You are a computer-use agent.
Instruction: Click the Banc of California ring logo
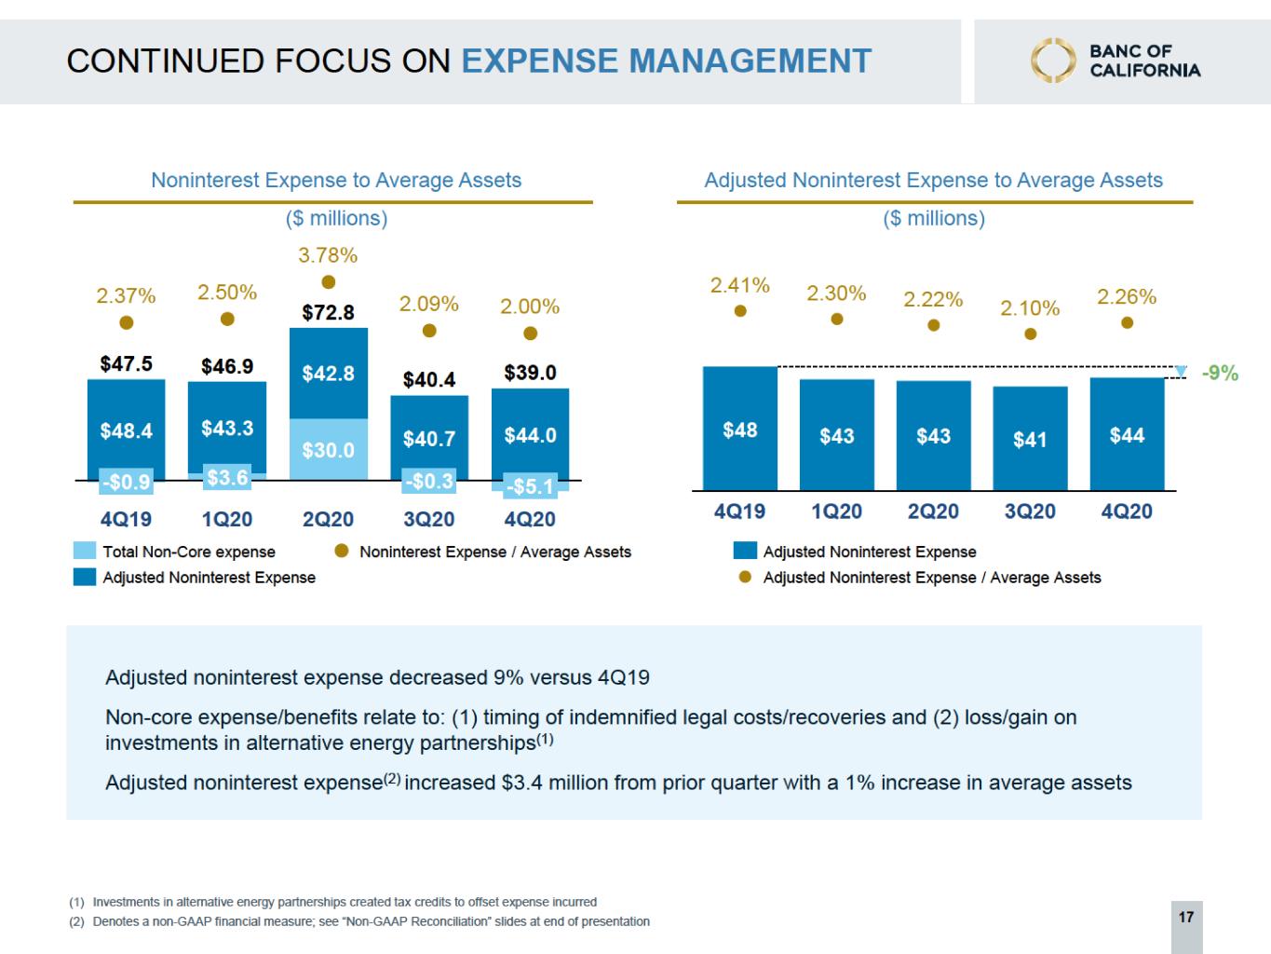click(1053, 61)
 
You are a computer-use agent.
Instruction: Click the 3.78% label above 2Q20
click(328, 255)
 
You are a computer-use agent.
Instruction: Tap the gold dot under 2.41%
click(740, 311)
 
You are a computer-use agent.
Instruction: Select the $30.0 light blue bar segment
click(329, 449)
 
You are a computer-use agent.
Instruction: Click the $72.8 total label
click(328, 313)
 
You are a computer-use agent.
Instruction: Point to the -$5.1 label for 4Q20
click(530, 486)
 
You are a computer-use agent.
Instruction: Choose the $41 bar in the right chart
click(1030, 439)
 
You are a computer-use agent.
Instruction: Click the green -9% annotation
click(1220, 373)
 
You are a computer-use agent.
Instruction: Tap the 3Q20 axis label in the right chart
click(1030, 511)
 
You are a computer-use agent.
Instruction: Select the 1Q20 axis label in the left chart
click(227, 519)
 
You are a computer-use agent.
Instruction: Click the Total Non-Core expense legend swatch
click(85, 551)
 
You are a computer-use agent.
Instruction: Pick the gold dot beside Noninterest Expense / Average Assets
click(342, 551)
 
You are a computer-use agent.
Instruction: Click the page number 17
click(1186, 917)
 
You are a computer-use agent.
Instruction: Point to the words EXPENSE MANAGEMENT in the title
click(666, 61)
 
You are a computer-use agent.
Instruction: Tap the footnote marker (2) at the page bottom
click(77, 921)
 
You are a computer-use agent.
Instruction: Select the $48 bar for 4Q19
click(740, 429)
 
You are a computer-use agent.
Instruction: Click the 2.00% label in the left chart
click(530, 307)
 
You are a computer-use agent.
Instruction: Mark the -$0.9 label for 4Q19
click(127, 482)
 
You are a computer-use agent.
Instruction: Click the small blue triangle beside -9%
click(1181, 372)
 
